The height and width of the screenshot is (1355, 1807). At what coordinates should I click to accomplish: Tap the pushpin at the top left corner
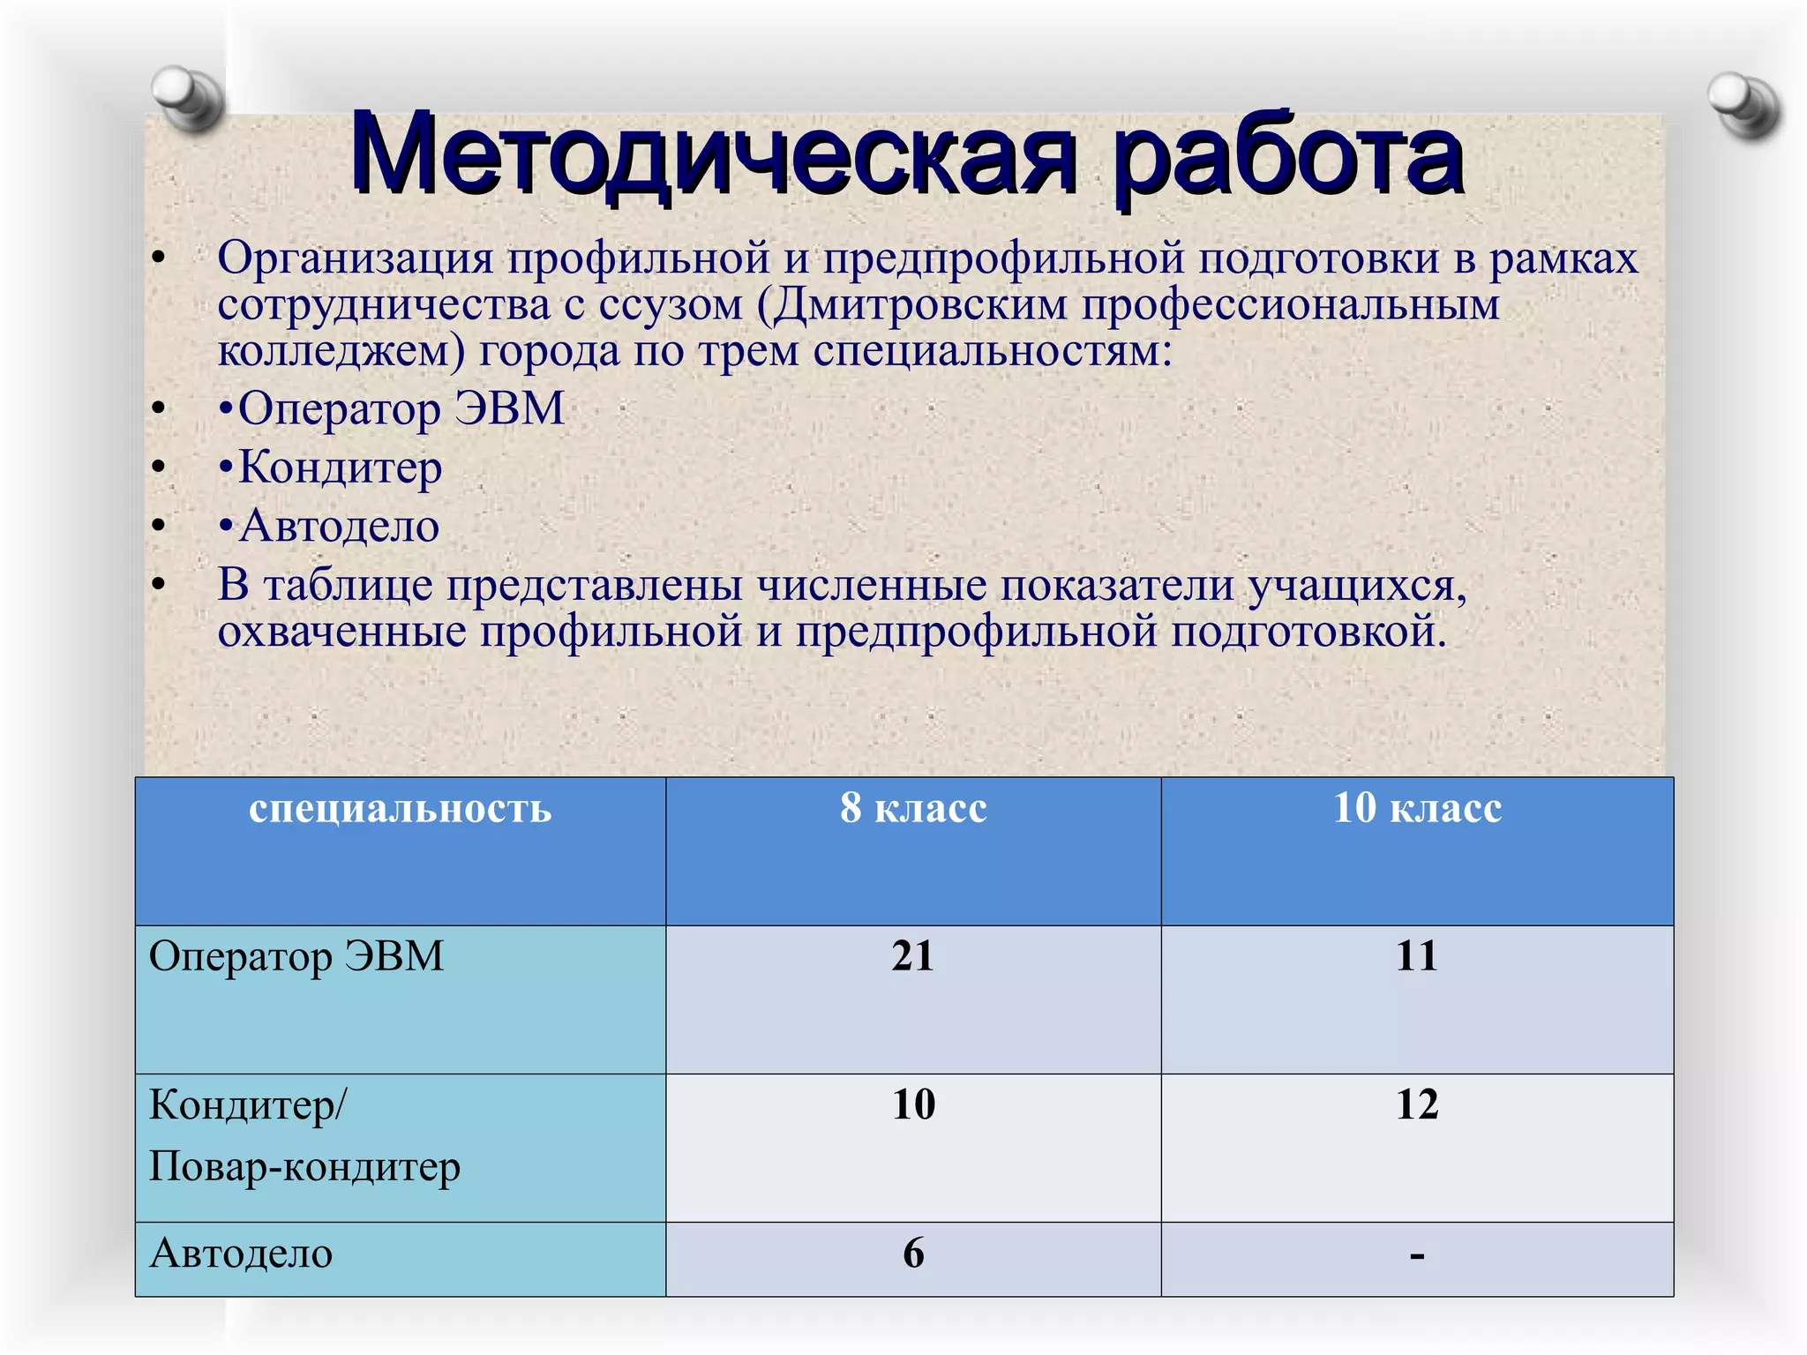(188, 97)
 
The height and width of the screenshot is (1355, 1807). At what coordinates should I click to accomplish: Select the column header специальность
(400, 808)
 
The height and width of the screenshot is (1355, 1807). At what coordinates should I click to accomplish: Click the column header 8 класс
(913, 807)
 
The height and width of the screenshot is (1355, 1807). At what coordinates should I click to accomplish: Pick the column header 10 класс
(1417, 807)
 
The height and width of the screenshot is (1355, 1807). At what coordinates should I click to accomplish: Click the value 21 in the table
(912, 956)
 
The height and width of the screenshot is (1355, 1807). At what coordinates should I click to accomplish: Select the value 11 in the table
(1417, 956)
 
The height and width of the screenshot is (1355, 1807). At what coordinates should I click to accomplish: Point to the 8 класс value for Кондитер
(913, 1104)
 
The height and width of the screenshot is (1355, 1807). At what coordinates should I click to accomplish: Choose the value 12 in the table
(1417, 1104)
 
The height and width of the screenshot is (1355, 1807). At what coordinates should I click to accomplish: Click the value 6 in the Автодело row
(913, 1254)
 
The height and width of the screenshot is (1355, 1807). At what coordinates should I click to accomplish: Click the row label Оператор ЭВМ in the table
(296, 957)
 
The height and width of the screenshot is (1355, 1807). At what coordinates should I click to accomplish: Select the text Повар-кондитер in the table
(304, 1167)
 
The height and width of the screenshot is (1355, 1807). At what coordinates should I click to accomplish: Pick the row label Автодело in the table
(241, 1254)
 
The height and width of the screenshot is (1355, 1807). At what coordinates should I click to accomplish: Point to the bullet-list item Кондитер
(340, 468)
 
